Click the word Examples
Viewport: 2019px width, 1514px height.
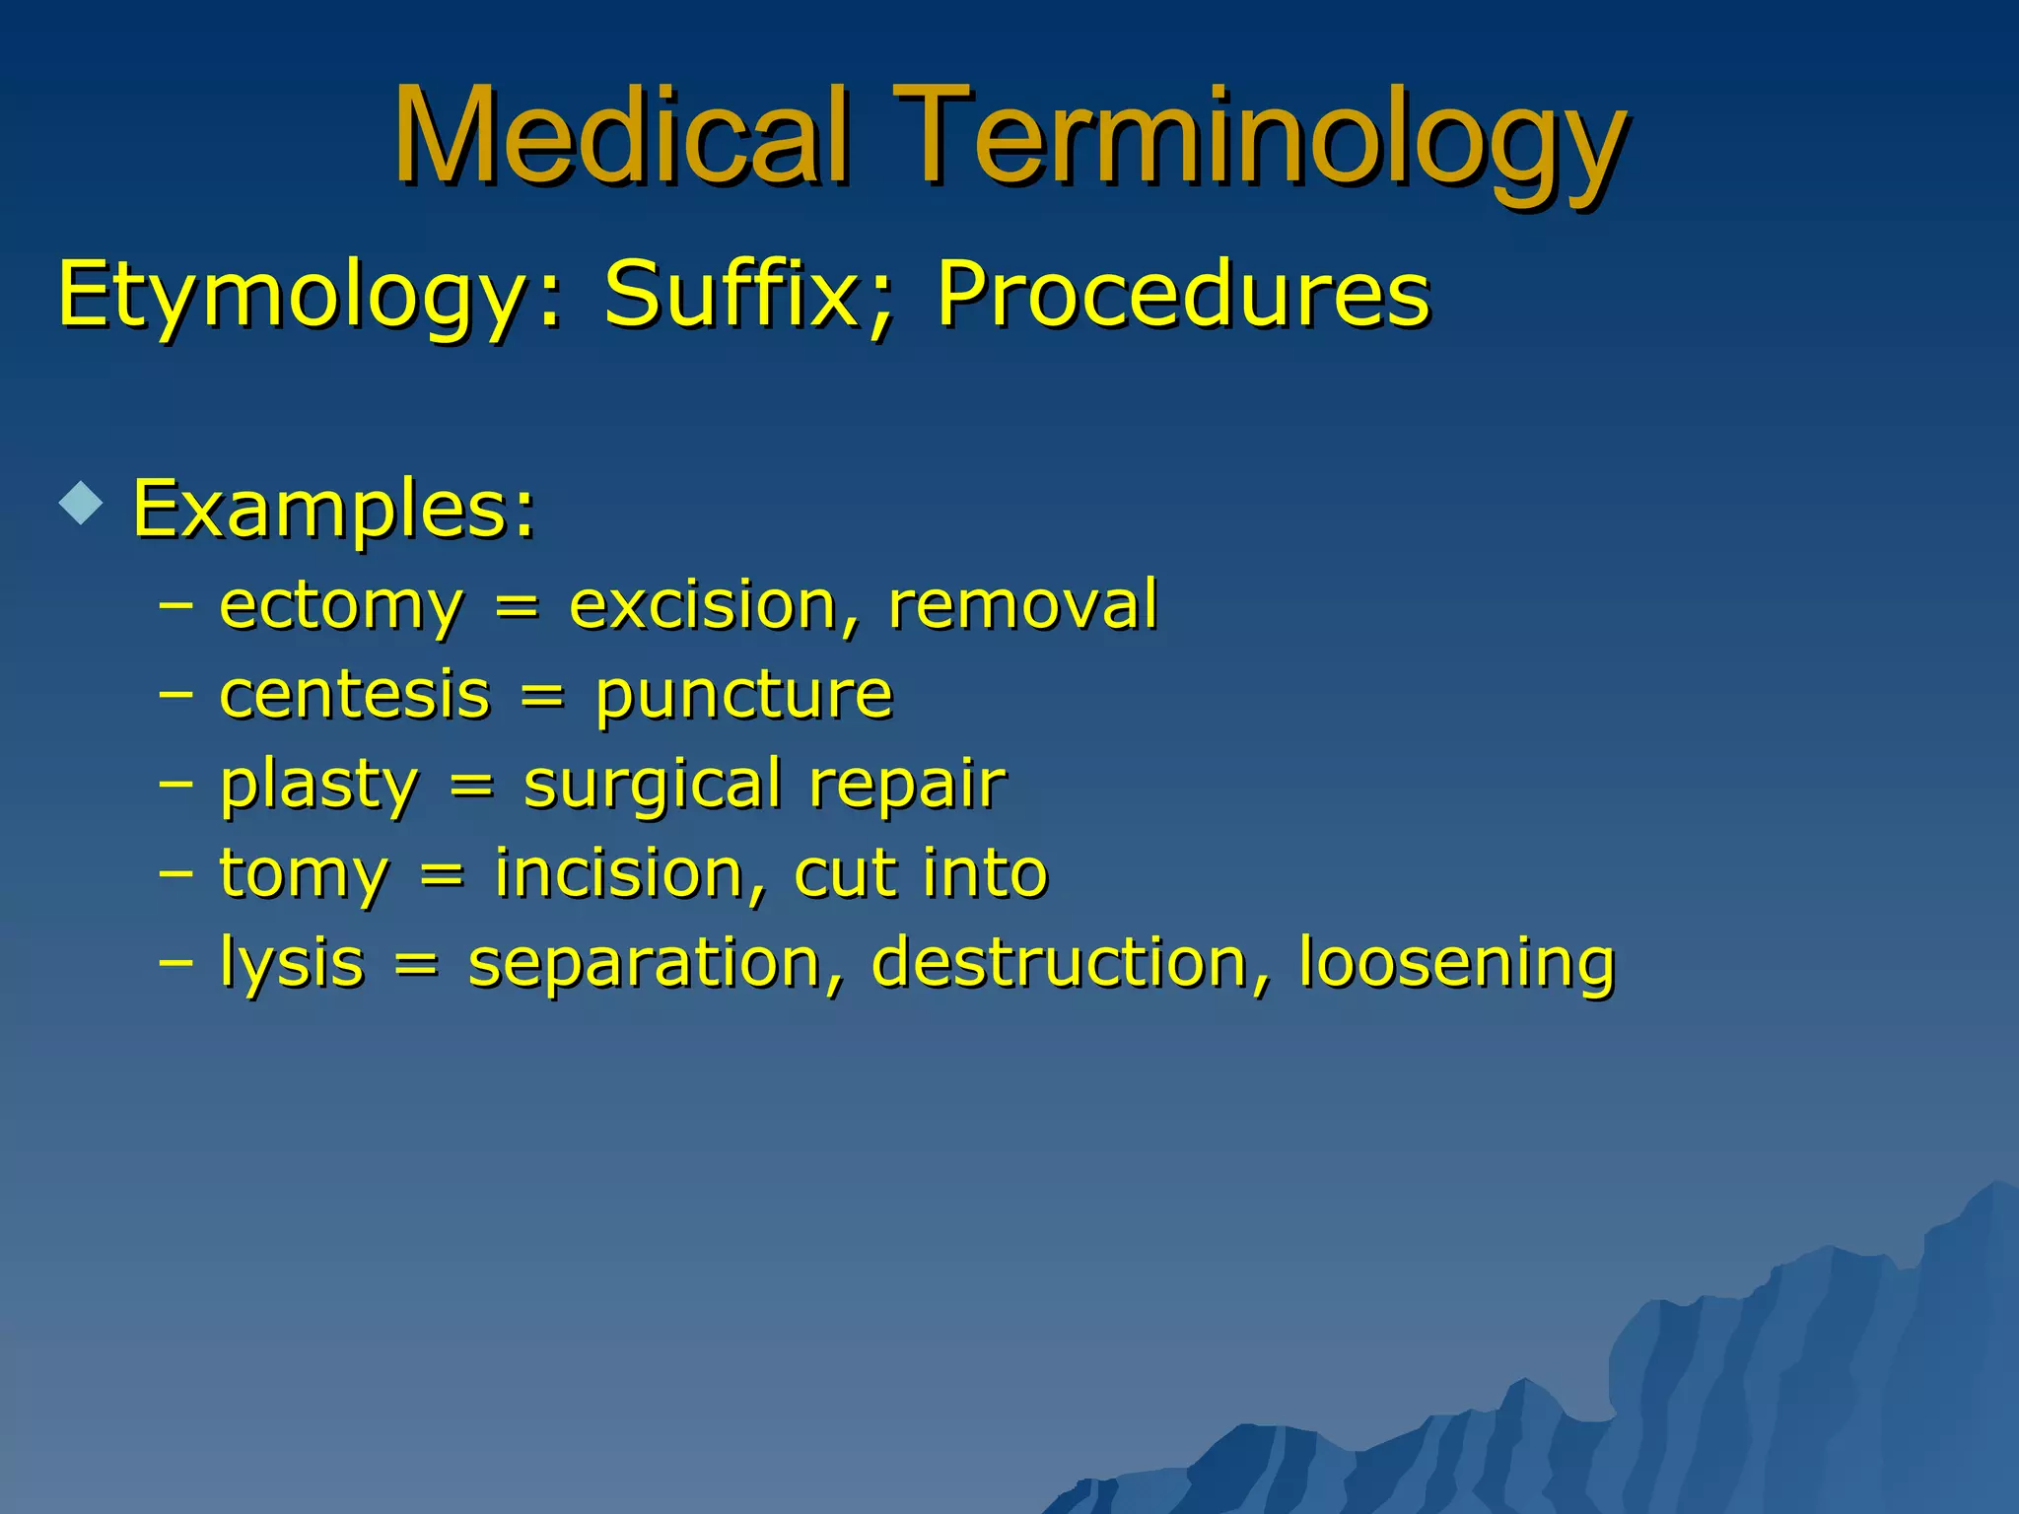point(333,510)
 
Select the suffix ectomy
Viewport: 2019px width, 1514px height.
point(340,605)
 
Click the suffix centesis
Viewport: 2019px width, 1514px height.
point(354,694)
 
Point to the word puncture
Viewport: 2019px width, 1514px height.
point(744,696)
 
